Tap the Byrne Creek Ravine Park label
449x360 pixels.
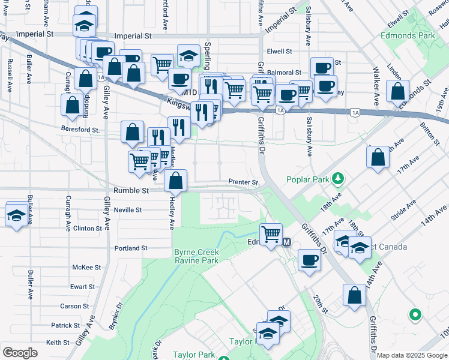tap(196, 256)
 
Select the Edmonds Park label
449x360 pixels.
tap(408, 35)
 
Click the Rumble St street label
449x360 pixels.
tap(128, 190)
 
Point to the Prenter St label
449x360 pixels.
tap(243, 182)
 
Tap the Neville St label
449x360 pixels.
tap(127, 210)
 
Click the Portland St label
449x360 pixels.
tap(131, 248)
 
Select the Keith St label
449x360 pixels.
tap(58, 343)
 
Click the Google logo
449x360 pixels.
tap(20, 353)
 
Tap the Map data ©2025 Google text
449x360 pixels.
tap(412, 355)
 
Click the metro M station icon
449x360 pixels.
tap(287, 242)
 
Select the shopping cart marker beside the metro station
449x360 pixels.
tap(271, 233)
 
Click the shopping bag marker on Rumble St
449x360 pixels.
tap(175, 180)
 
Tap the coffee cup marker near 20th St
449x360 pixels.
tap(309, 261)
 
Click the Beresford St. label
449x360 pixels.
tap(80, 129)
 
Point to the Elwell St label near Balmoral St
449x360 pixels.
tap(279, 52)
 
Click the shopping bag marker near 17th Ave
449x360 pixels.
tap(378, 158)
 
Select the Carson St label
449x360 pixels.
tap(74, 306)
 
